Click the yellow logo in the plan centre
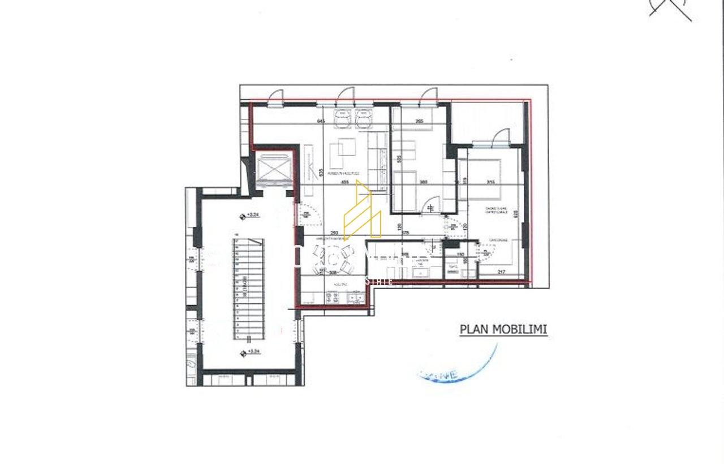pos(362,212)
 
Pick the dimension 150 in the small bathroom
pos(460,255)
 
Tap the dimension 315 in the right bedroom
pos(491,182)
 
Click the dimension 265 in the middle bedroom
pos(419,121)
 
